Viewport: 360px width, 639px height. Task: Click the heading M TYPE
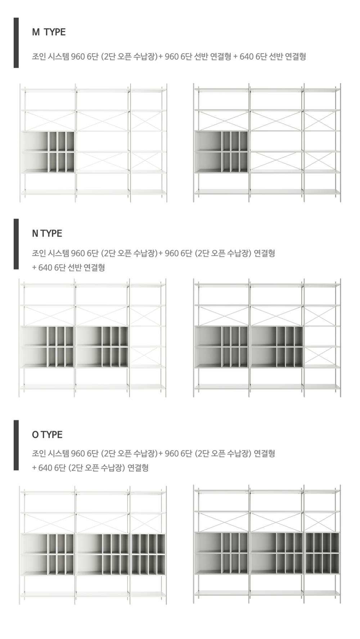click(x=49, y=32)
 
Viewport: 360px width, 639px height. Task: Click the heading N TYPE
click(x=47, y=234)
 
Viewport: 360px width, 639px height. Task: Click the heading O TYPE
click(x=47, y=435)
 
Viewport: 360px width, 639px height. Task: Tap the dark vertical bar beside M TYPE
click(x=16, y=42)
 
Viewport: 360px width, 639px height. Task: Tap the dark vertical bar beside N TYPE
click(x=16, y=244)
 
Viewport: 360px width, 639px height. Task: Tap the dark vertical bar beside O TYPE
click(x=16, y=445)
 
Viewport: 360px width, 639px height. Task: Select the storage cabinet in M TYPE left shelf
click(x=48, y=152)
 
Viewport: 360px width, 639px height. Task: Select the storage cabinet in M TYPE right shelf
click(x=221, y=152)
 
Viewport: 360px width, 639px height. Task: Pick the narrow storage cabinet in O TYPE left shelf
click(x=148, y=554)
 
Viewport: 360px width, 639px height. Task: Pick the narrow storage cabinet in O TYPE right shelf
click(x=322, y=553)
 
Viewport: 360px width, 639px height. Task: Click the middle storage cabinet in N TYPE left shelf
click(x=102, y=347)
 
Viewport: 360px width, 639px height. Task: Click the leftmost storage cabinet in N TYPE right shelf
click(x=221, y=347)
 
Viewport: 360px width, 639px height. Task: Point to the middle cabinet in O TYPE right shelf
click(x=276, y=553)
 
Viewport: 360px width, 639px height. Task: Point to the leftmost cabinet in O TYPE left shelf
click(x=48, y=554)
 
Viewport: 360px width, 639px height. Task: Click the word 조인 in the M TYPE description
click(x=39, y=57)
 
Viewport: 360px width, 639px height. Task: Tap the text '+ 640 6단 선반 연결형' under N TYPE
click(x=68, y=268)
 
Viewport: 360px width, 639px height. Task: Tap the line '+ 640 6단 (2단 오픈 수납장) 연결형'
click(x=90, y=468)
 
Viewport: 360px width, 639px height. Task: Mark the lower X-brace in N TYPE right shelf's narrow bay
click(x=322, y=356)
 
